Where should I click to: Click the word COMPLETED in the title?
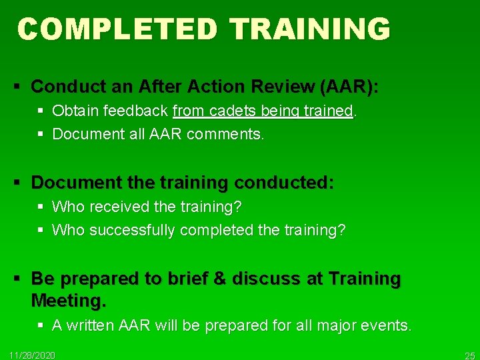coord(117,29)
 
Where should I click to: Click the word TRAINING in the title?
coord(309,29)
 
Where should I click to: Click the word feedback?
coord(137,111)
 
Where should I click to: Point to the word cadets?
coord(228,111)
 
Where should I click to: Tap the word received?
coord(121,207)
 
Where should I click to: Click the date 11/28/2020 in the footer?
coord(33,355)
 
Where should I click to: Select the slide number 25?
coord(470,355)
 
